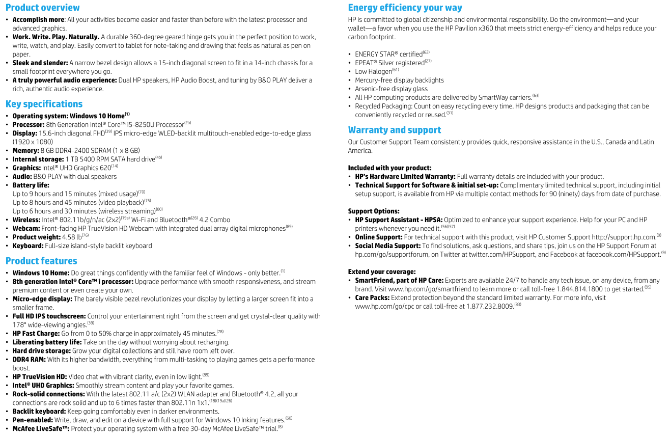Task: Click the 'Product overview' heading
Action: (x=42, y=8)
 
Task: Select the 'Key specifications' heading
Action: (x=44, y=104)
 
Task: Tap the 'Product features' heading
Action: (x=41, y=261)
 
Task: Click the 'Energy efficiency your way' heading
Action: (x=405, y=8)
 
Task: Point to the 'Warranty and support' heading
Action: (x=394, y=130)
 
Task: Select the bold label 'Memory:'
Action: (x=25, y=151)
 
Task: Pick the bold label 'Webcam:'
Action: (x=26, y=229)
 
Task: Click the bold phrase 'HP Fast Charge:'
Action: (x=36, y=334)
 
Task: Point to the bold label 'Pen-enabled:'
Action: (x=33, y=420)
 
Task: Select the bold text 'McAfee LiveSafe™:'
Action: (x=41, y=429)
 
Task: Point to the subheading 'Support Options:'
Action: (x=374, y=211)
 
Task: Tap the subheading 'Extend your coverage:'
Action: (x=382, y=272)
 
